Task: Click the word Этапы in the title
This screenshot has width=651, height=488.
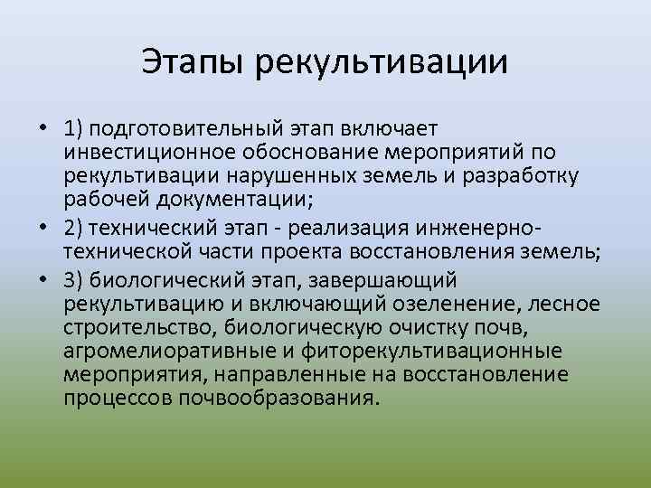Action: point(194,62)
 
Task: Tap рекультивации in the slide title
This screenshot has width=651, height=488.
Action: point(382,64)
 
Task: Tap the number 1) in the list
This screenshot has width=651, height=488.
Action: point(76,129)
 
